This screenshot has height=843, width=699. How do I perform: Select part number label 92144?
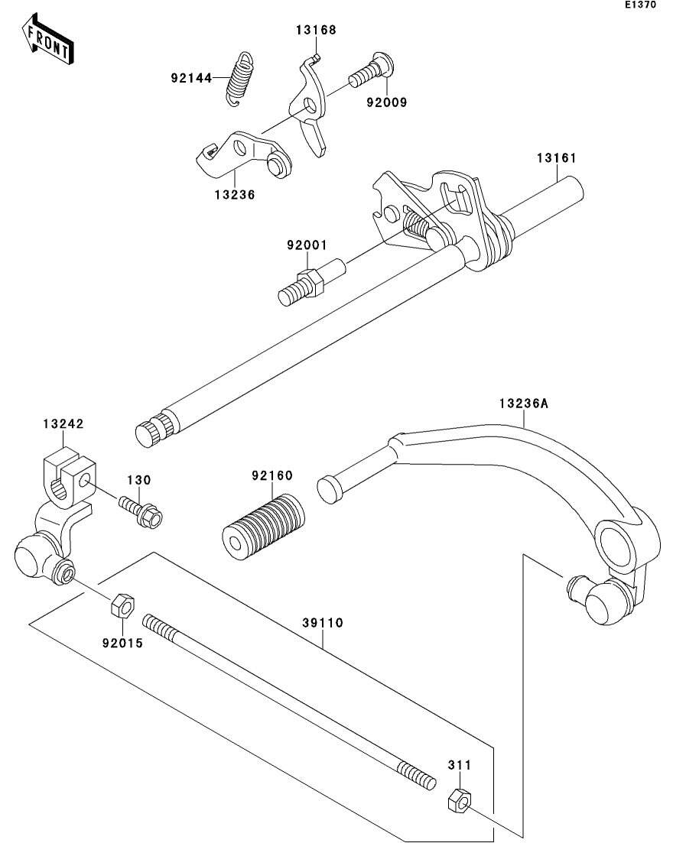[x=191, y=79]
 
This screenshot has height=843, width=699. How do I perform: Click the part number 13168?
[x=316, y=30]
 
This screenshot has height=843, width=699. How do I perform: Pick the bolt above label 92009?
[x=372, y=72]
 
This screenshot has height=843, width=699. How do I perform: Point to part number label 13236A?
[x=524, y=404]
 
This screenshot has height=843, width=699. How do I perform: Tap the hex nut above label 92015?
[x=123, y=606]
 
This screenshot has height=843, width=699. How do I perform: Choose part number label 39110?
[x=322, y=623]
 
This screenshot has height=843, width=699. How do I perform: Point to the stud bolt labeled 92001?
[x=311, y=282]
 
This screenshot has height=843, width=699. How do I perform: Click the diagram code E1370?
[x=640, y=5]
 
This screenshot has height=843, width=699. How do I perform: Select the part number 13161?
[x=557, y=158]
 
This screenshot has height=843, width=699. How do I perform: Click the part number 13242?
[x=63, y=423]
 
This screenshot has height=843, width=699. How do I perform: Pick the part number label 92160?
[x=272, y=475]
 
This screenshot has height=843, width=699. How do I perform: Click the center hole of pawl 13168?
[x=309, y=104]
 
